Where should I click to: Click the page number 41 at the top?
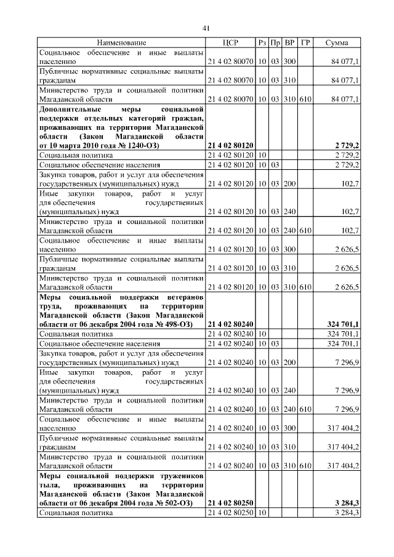(x=206, y=28)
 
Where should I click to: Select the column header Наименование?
(x=121, y=43)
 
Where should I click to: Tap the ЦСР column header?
(x=230, y=43)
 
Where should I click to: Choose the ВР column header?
(x=290, y=43)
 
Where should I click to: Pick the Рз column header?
(x=262, y=43)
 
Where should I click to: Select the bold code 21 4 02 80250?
(x=230, y=503)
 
